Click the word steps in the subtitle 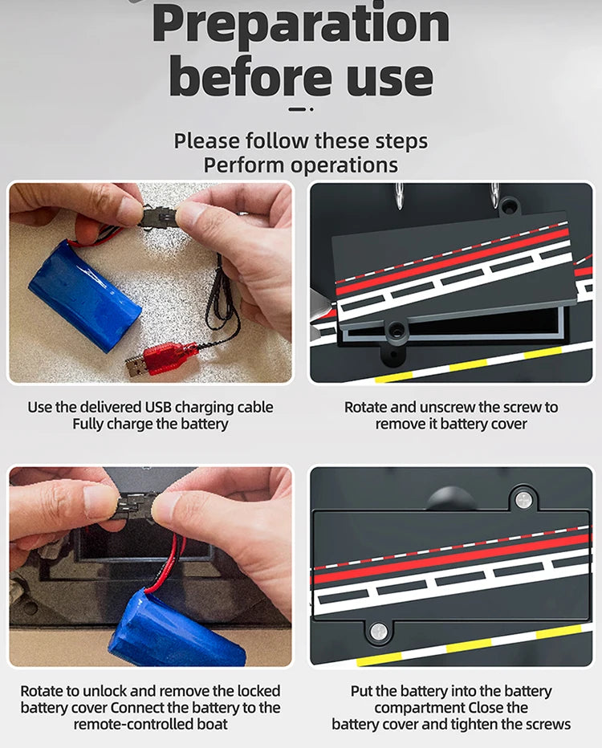pos(401,142)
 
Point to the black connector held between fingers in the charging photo pos(157,217)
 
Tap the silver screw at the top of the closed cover pos(523,500)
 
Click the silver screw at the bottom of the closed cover pos(379,632)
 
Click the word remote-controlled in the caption pos(133,725)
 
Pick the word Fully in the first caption pos(87,424)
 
